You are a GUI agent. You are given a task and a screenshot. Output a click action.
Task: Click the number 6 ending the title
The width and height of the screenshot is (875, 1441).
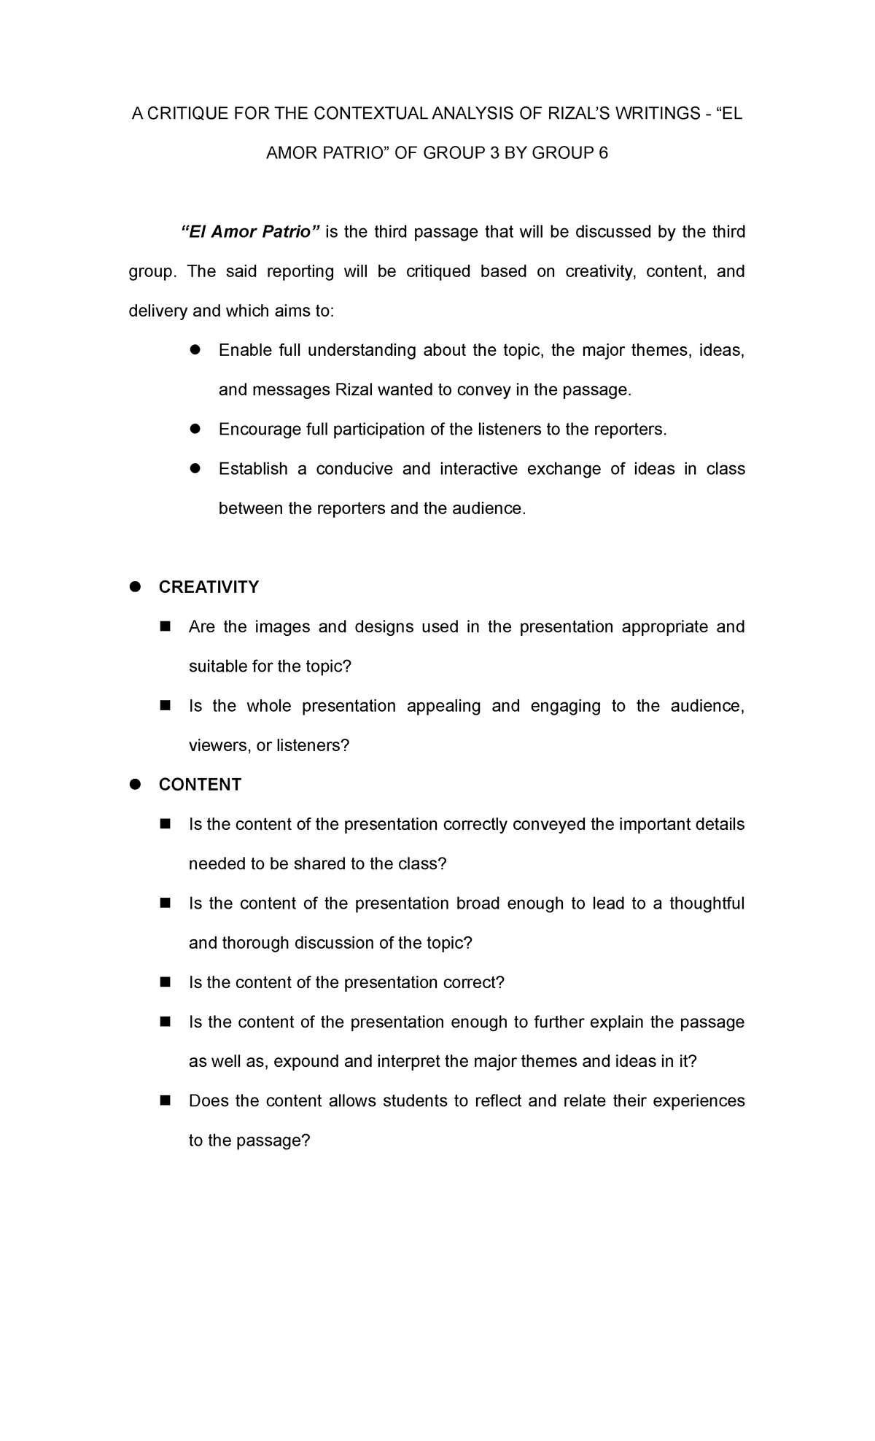(602, 153)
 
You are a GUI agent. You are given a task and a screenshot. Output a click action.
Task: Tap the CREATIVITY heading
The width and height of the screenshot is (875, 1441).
(209, 587)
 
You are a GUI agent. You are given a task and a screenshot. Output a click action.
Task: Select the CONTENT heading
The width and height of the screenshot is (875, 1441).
(200, 785)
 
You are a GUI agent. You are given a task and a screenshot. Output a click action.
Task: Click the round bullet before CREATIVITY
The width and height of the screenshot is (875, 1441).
(134, 587)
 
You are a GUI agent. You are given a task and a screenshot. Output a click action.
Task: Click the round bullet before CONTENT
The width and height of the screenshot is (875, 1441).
(134, 785)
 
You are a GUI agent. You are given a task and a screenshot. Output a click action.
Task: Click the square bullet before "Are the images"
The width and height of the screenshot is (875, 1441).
(164, 626)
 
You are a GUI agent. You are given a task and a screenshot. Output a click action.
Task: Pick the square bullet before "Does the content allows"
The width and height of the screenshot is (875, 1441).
(164, 1100)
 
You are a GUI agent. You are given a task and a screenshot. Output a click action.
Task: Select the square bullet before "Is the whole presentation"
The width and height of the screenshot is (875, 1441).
(164, 705)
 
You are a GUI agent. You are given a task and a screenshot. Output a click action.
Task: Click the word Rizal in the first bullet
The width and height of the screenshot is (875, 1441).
(354, 390)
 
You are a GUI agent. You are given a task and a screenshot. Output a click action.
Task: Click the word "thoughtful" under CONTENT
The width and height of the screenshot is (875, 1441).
(707, 904)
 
